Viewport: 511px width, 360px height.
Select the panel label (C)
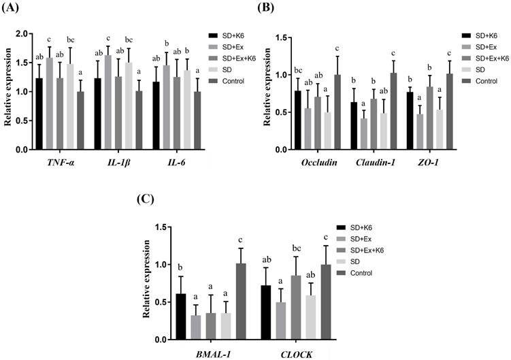[x=146, y=198]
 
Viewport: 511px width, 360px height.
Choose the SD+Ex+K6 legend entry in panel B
[x=483, y=58]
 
